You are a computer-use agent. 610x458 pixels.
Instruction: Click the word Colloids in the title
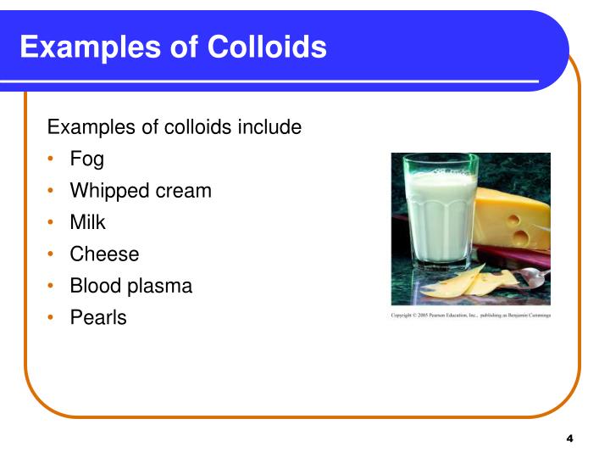tap(267, 47)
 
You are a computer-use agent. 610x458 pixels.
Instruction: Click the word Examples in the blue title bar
tap(91, 47)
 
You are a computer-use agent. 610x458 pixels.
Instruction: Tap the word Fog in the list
tap(86, 159)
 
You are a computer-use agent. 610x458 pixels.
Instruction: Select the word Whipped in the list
tap(109, 192)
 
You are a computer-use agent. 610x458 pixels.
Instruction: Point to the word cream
tap(183, 192)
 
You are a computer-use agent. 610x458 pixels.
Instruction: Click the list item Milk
tap(87, 222)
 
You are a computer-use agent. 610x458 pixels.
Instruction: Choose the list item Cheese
tap(104, 254)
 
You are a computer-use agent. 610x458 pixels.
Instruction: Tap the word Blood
tap(96, 286)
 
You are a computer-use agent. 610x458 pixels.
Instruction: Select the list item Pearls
tap(98, 318)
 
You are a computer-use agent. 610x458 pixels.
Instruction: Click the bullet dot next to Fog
tap(50, 159)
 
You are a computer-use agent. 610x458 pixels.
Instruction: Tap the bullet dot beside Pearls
tap(50, 317)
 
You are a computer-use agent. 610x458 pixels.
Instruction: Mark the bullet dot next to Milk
tap(50, 222)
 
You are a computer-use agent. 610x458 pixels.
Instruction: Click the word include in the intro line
tap(269, 127)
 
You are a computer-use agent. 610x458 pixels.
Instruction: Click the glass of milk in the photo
tap(441, 212)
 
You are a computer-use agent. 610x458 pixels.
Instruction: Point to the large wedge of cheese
tap(512, 220)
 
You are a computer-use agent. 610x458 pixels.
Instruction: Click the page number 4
tap(569, 438)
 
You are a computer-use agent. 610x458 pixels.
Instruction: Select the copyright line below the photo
tap(471, 315)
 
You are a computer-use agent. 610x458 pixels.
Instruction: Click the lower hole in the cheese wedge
tap(521, 237)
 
